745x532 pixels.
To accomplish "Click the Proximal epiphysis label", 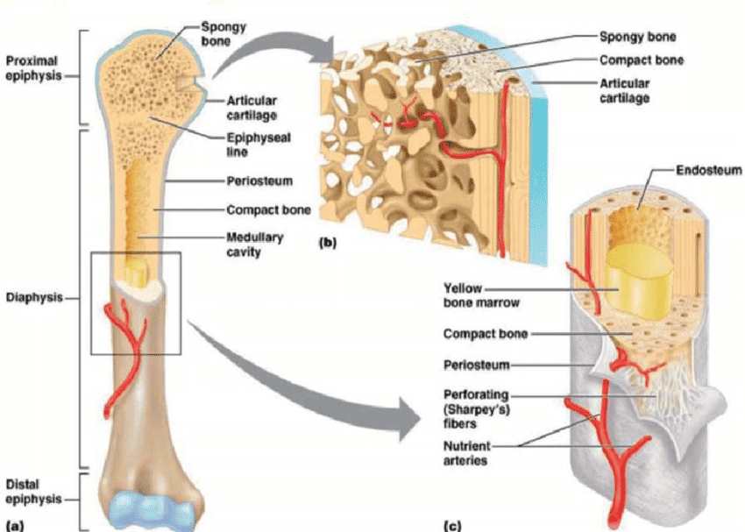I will click(x=32, y=67).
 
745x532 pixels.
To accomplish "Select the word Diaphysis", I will click(x=32, y=297).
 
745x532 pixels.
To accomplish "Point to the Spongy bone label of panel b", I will click(x=632, y=38).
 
